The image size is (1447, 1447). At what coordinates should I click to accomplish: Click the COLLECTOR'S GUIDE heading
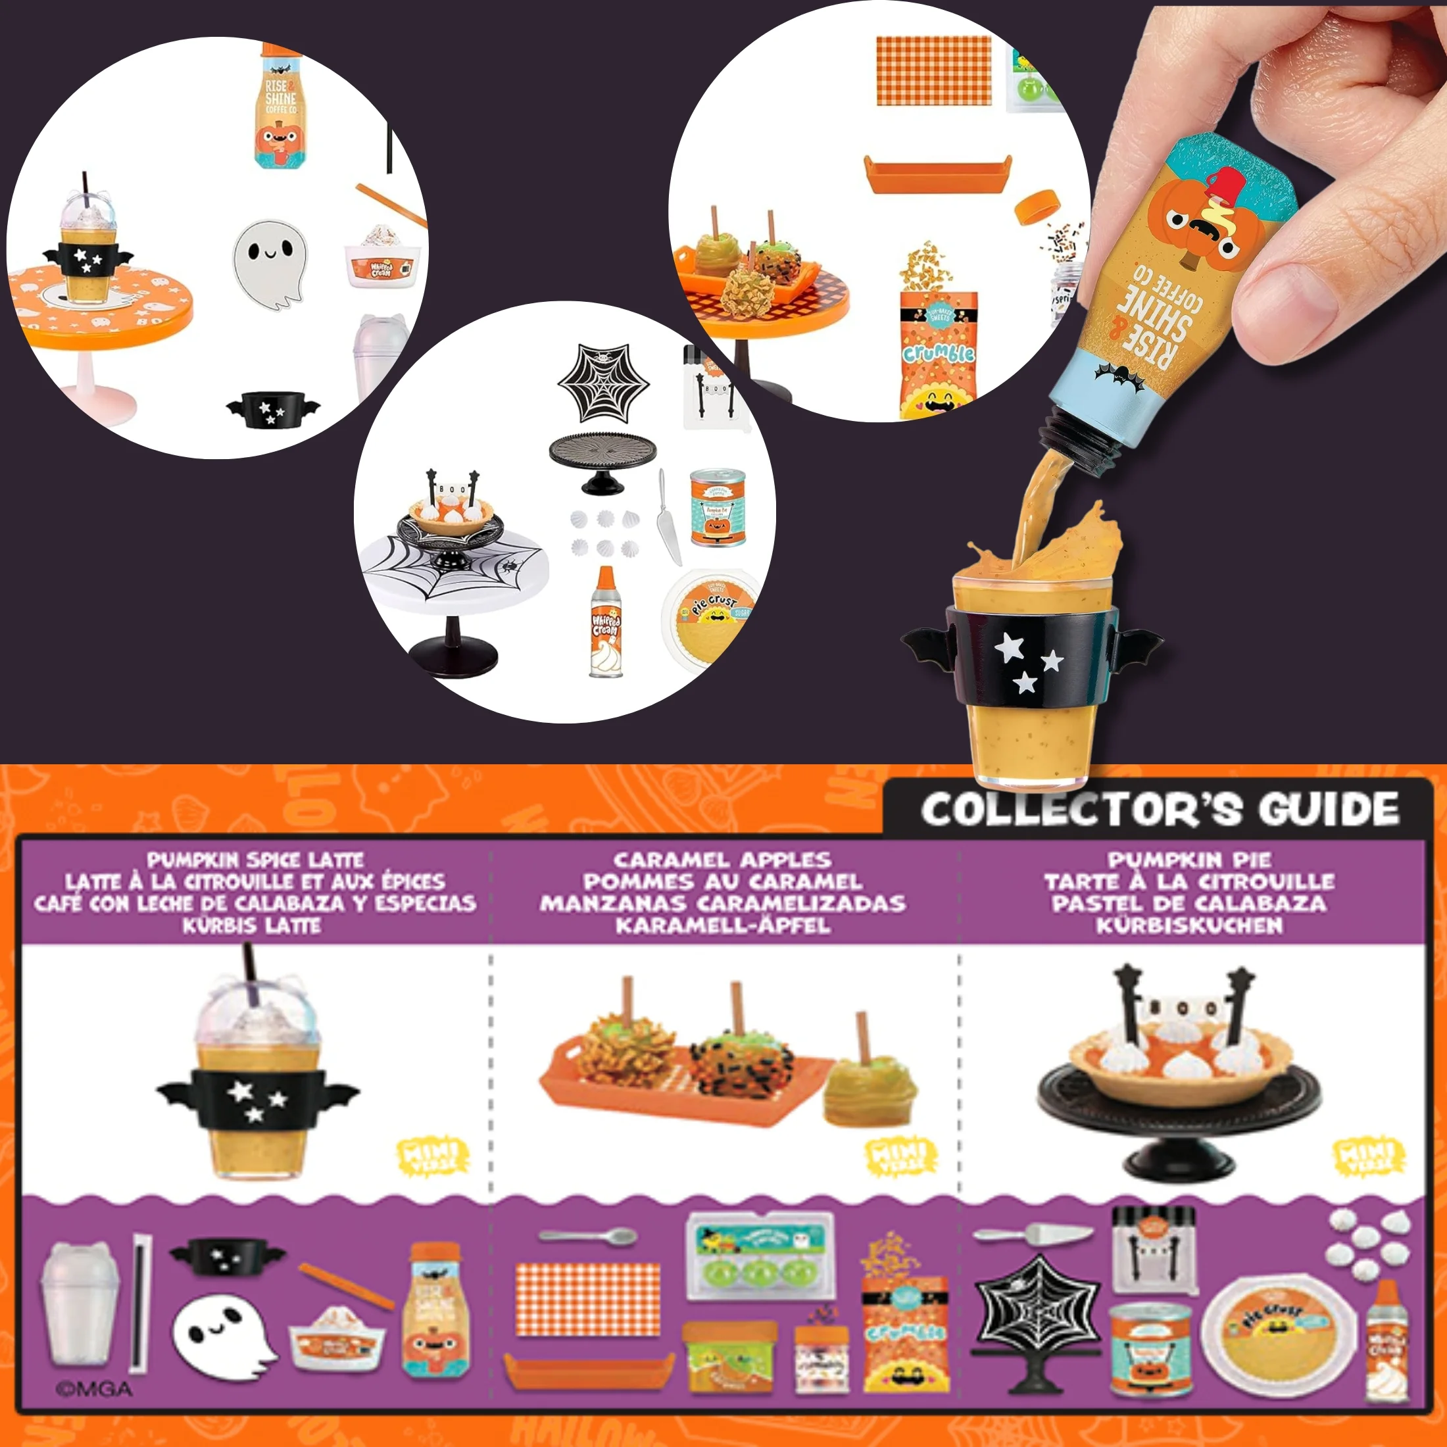[x=1160, y=810]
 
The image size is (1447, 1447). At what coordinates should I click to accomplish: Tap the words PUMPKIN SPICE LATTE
[x=255, y=859]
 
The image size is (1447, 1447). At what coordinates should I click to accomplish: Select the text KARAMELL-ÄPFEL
[x=723, y=925]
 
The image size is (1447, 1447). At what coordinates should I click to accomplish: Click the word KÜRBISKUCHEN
[x=1189, y=925]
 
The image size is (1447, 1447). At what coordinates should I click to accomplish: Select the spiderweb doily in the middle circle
[x=603, y=382]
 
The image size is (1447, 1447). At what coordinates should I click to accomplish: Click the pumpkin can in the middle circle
[x=718, y=508]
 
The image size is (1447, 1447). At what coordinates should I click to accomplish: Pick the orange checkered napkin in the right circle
[x=933, y=70]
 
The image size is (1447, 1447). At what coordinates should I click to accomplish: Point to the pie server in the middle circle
[x=668, y=517]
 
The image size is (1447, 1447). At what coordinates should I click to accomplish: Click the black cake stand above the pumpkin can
[x=602, y=460]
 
